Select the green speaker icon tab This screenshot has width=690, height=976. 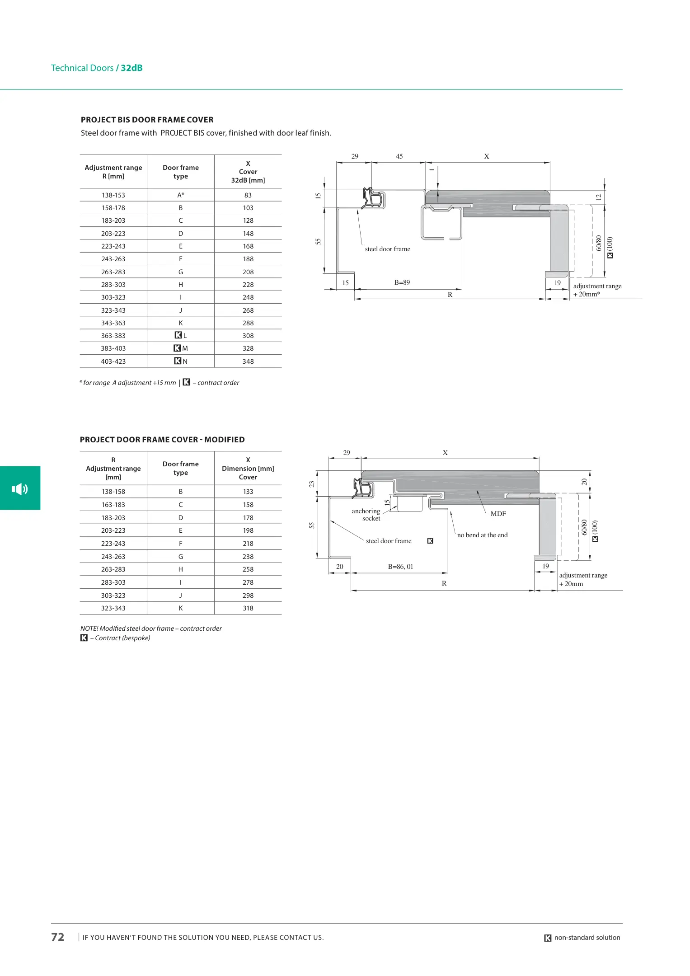coord(20,488)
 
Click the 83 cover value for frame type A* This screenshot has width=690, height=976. coord(248,195)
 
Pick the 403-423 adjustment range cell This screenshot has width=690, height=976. coord(113,361)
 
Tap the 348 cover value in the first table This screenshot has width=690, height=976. coord(248,361)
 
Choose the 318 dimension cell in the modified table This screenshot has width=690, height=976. coord(248,608)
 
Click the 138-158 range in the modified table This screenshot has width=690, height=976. coord(113,492)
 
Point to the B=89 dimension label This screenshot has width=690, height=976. coord(402,282)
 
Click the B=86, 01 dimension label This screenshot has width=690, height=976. coord(401,567)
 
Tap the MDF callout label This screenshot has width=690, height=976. coord(498,514)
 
